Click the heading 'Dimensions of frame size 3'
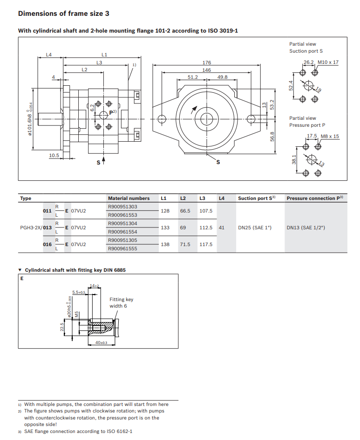coord(64,14)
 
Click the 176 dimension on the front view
coord(206,62)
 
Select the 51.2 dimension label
coord(192,77)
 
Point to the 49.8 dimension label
coord(222,77)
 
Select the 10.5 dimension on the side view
coord(54,155)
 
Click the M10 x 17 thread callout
coord(328,62)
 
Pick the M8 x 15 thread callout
coord(330,137)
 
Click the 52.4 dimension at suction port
coord(291,86)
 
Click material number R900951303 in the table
coord(122,206)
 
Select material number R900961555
coord(122,248)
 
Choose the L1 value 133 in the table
coord(165,227)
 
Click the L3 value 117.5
coord(205,244)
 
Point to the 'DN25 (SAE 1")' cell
coord(254,227)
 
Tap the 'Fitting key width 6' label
coord(121,302)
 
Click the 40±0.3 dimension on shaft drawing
coord(101,343)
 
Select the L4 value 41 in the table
coord(222,227)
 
